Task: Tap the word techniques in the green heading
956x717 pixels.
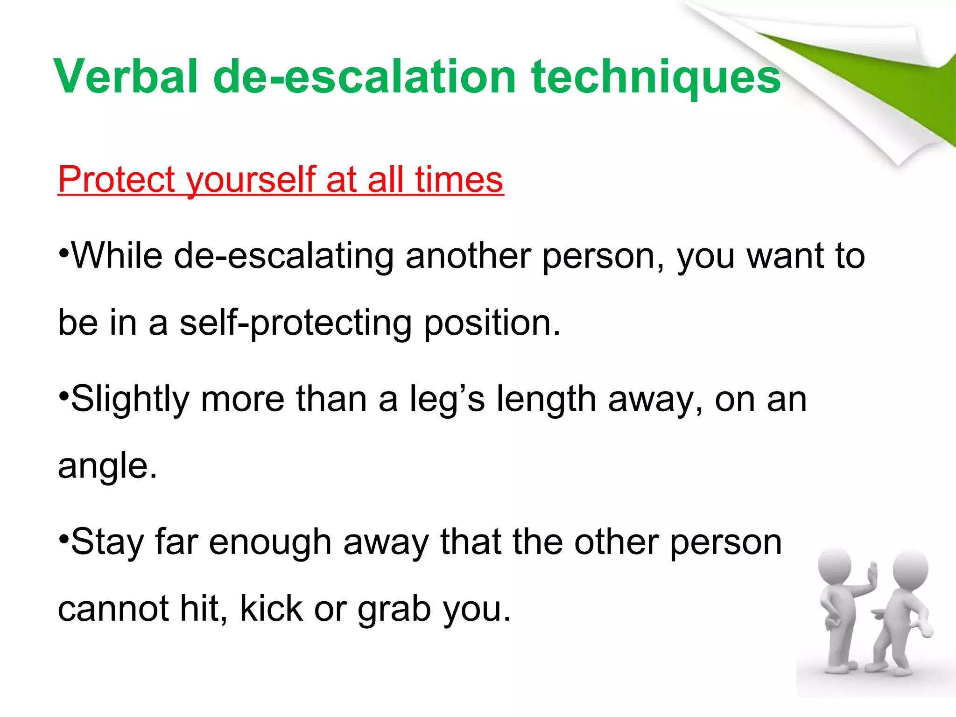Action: point(655,77)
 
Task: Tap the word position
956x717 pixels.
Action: point(492,323)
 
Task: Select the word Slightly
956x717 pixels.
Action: point(130,400)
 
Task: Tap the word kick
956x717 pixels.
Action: point(271,609)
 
